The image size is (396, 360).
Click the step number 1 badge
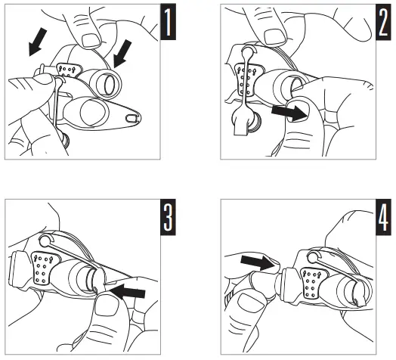click(x=169, y=22)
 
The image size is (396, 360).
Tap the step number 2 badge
click(x=383, y=22)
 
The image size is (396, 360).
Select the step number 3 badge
click(x=169, y=217)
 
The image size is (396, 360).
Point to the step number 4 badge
click(x=383, y=217)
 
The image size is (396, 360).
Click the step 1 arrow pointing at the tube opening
click(x=122, y=54)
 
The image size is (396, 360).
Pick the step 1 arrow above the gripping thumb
click(x=38, y=42)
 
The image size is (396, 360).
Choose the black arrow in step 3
click(x=128, y=291)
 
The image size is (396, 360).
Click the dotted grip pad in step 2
click(x=249, y=80)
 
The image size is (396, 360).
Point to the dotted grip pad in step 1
click(x=69, y=70)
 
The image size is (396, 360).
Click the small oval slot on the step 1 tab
click(x=131, y=117)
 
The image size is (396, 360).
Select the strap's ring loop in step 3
click(x=45, y=241)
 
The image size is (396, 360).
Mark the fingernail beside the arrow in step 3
click(x=107, y=305)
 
